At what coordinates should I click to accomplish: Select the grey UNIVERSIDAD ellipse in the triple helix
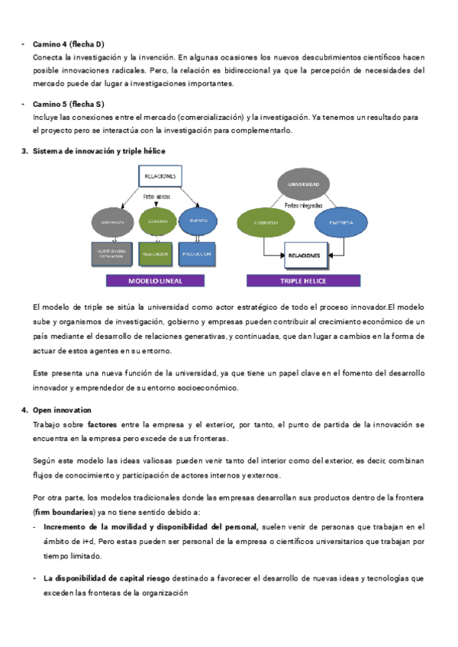[x=298, y=185]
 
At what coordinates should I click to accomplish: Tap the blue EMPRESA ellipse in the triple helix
[x=341, y=222]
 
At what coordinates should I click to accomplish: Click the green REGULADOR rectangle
[x=155, y=253]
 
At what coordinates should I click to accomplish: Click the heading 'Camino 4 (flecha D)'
[x=69, y=44]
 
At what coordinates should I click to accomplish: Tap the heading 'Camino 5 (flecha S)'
[x=69, y=104]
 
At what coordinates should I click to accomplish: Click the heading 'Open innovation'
[x=62, y=410]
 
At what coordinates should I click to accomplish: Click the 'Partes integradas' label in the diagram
[x=304, y=205]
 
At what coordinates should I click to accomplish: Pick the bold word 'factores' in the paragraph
[x=102, y=423]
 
